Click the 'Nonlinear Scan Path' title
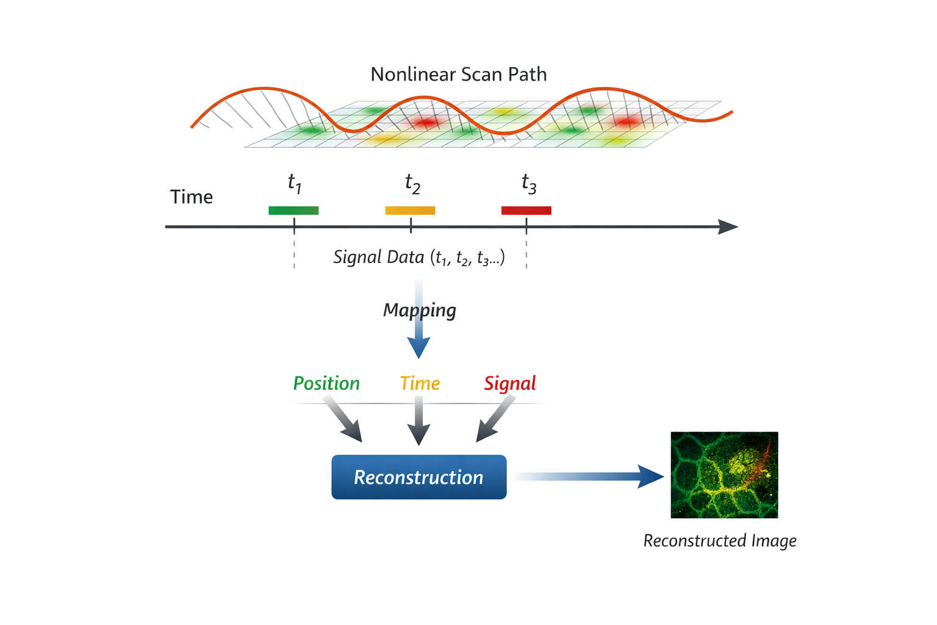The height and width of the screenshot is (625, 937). (459, 74)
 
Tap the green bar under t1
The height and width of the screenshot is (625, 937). (293, 211)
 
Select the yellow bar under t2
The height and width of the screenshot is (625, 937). (410, 211)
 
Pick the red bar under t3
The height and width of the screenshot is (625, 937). (526, 211)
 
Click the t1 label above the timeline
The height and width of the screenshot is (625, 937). (295, 182)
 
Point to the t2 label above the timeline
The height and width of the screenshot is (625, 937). (412, 182)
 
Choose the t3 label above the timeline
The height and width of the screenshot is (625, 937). (529, 182)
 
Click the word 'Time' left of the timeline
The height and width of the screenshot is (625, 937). (192, 197)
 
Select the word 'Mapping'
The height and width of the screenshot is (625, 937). (419, 310)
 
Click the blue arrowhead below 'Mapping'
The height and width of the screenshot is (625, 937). (418, 349)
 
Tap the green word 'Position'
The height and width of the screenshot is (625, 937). (326, 383)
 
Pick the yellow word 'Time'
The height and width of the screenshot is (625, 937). (420, 383)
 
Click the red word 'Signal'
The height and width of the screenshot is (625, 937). (510, 383)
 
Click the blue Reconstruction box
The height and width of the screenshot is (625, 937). (418, 477)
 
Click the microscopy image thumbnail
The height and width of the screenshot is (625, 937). (724, 475)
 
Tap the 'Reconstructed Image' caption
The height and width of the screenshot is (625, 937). (720, 541)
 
